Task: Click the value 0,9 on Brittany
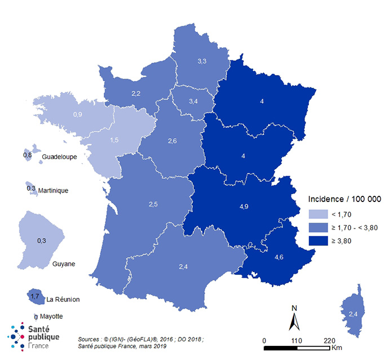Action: pyautogui.click(x=78, y=115)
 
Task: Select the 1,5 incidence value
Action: pyautogui.click(x=113, y=139)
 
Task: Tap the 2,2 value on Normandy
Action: pyautogui.click(x=136, y=93)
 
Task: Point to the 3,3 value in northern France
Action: pyautogui.click(x=201, y=60)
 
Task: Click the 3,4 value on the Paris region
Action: pyautogui.click(x=193, y=102)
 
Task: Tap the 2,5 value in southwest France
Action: pyautogui.click(x=153, y=204)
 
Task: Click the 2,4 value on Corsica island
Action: pyautogui.click(x=353, y=314)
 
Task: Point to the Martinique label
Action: pyautogui.click(x=53, y=191)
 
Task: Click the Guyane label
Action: pyautogui.click(x=64, y=264)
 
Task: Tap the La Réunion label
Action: pyautogui.click(x=63, y=299)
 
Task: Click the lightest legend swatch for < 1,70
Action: pyautogui.click(x=318, y=214)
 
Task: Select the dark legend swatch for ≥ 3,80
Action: pyautogui.click(x=318, y=241)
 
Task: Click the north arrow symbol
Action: pyautogui.click(x=294, y=320)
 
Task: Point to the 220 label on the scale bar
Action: pyautogui.click(x=330, y=340)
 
